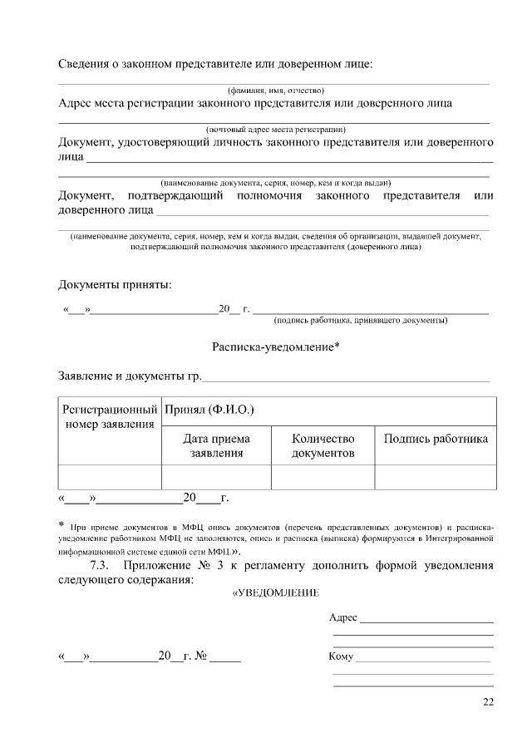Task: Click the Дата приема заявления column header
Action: [x=216, y=445]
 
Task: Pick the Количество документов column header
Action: [x=323, y=445]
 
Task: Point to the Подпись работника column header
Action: [x=436, y=439]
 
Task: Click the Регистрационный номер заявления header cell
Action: [x=110, y=417]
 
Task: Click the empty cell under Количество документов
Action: [x=323, y=477]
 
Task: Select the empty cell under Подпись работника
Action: [x=436, y=477]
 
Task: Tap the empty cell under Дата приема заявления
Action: [x=216, y=477]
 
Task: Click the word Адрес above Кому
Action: [x=343, y=617]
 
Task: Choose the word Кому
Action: [x=342, y=656]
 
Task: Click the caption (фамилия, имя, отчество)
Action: [x=275, y=90]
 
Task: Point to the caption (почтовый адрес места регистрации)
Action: [x=275, y=130]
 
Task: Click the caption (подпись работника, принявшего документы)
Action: [x=361, y=320]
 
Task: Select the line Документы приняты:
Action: [x=115, y=285]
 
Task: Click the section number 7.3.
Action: [x=101, y=566]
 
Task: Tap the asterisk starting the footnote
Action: [x=62, y=525]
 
